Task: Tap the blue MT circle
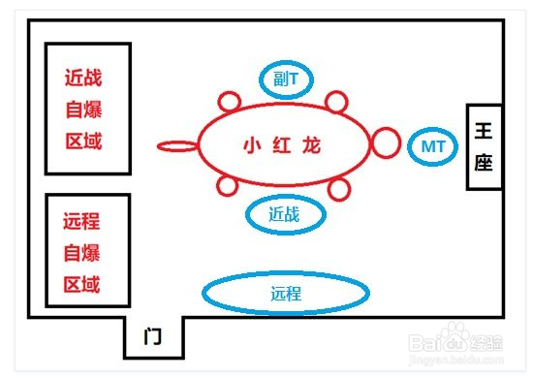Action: tap(431, 146)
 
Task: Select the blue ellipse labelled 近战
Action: tap(284, 215)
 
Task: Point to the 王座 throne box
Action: tap(484, 145)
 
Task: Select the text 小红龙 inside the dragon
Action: tap(281, 146)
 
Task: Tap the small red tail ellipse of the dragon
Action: tap(176, 146)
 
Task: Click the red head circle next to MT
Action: tap(386, 145)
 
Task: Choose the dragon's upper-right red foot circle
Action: tap(336, 101)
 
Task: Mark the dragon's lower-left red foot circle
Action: tap(229, 187)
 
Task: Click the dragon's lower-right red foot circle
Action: tap(338, 188)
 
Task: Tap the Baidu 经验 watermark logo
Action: tap(455, 343)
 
